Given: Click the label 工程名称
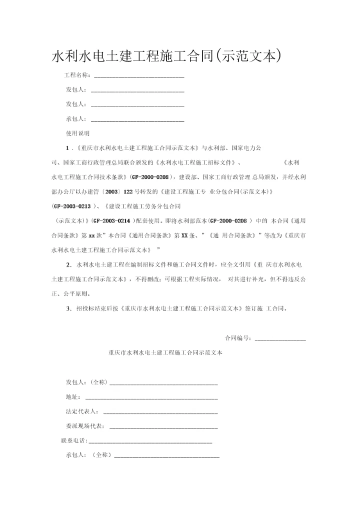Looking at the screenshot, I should click(77, 75).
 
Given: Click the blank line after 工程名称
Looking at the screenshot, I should click(139, 77).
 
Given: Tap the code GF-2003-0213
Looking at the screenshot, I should click(72, 205).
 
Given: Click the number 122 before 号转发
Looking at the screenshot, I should click(129, 191).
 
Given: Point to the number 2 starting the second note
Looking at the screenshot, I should click(68, 263).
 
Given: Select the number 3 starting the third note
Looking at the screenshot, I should click(68, 308).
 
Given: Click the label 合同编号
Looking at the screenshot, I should click(238, 338).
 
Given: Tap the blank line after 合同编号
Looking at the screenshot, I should click(280, 339).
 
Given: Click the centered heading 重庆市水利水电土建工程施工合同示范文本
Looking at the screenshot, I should click(165, 352).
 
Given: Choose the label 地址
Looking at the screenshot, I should click(72, 397).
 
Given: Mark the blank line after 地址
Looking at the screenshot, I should click(151, 399).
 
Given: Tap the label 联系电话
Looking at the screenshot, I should click(73, 440).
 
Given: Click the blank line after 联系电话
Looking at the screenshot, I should click(149, 442).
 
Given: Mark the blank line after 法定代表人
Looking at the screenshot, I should click(160, 413).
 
